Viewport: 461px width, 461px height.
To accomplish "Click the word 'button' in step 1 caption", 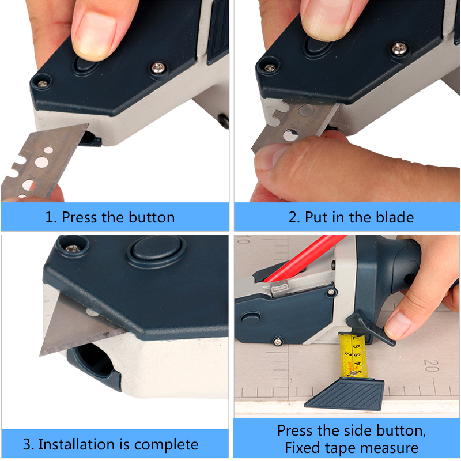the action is (152, 217).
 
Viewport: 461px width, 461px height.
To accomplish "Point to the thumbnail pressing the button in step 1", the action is (94, 35).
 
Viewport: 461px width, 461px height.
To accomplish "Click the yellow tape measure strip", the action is (352, 356).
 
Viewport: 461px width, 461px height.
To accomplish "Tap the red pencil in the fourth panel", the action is (306, 258).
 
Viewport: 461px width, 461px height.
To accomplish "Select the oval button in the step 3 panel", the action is (156, 251).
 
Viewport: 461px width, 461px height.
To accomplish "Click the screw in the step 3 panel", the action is (73, 249).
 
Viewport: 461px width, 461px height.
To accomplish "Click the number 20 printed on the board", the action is (431, 365).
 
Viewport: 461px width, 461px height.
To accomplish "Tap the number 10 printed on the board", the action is (244, 239).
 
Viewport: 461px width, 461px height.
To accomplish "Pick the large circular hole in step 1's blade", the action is (41, 162).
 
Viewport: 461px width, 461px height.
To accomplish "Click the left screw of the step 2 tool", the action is (269, 68).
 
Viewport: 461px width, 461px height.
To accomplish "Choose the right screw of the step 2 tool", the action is (399, 49).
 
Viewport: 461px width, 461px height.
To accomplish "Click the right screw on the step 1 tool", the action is (158, 68).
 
